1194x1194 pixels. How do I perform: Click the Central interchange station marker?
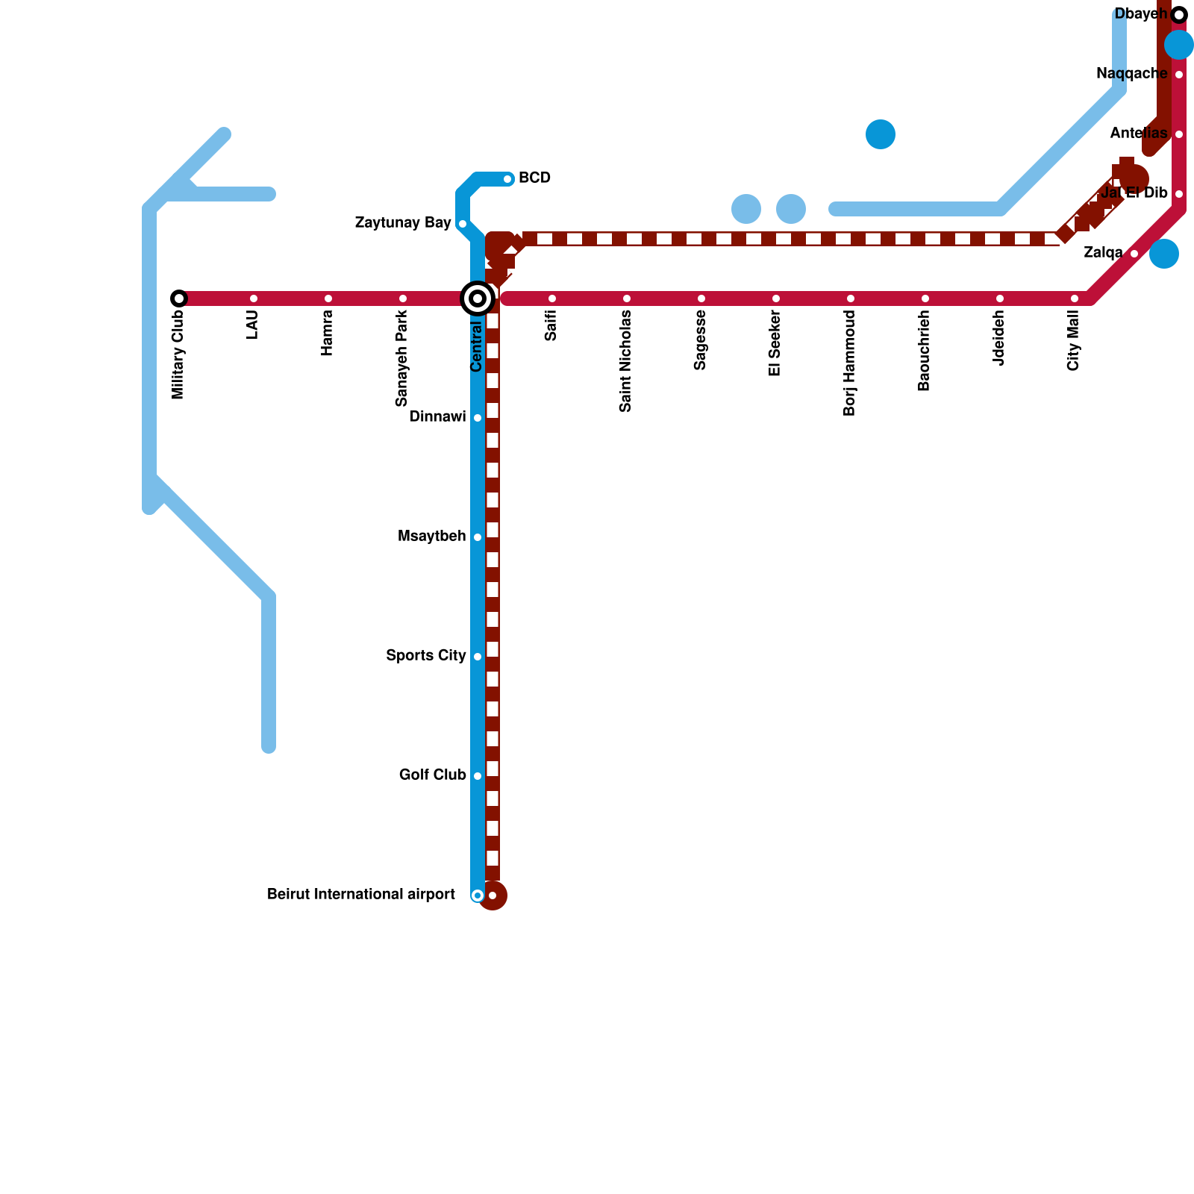(478, 298)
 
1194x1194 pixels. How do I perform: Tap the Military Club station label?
(178, 354)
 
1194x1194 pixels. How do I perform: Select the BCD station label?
(534, 178)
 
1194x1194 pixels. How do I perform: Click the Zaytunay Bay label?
(403, 223)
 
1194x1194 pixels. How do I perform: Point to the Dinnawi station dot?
(478, 418)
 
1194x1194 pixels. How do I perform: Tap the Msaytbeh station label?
(431, 537)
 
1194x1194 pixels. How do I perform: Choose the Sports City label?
(425, 656)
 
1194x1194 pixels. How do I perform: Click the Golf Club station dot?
(478, 776)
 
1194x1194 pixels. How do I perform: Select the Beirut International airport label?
(360, 895)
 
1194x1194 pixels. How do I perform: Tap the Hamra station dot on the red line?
(328, 298)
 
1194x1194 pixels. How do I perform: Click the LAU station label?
(253, 325)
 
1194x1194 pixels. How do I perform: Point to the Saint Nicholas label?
(626, 361)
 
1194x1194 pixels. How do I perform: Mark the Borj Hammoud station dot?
(851, 298)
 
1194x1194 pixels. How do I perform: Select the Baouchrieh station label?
(925, 351)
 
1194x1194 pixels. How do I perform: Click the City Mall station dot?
(1075, 298)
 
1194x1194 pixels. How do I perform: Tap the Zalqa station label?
(1103, 253)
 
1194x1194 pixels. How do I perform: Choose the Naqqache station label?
(1131, 74)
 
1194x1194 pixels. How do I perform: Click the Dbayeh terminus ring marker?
(1179, 15)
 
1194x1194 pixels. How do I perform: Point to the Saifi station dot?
(552, 298)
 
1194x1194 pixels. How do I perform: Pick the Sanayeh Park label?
(402, 358)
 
